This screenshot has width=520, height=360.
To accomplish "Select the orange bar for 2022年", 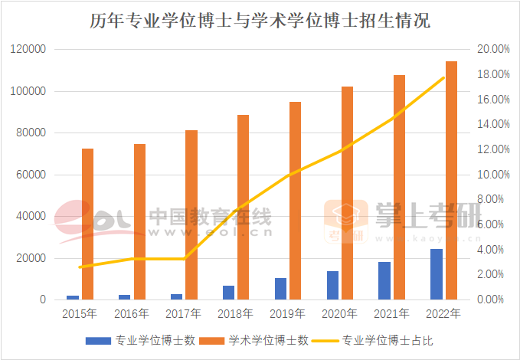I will [x=451, y=180].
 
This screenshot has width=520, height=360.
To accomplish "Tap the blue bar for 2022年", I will [x=436, y=274].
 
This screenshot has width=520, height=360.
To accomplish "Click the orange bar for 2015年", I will [x=88, y=224].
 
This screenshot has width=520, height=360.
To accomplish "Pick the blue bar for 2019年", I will [x=280, y=289].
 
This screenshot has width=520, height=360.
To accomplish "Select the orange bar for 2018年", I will [x=243, y=207].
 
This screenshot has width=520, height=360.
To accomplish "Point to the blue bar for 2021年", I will [x=384, y=280].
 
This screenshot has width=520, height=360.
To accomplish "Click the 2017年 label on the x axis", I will [x=183, y=313].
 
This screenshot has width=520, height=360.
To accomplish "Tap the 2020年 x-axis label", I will [x=339, y=313].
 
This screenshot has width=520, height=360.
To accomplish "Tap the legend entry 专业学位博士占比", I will [x=388, y=339].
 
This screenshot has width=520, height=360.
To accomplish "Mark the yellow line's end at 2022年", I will [x=443, y=77].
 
